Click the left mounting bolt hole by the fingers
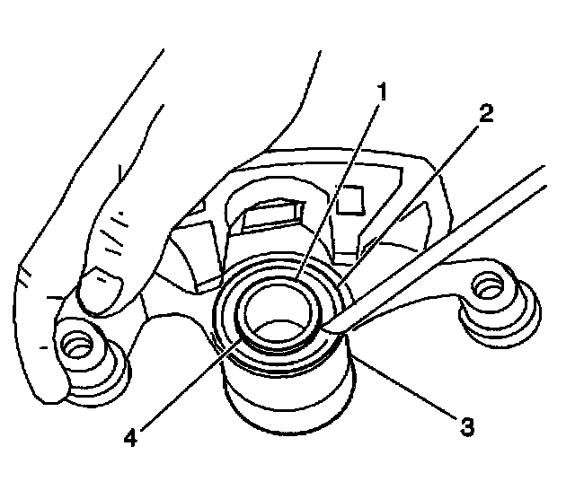74,345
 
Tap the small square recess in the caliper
349,198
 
